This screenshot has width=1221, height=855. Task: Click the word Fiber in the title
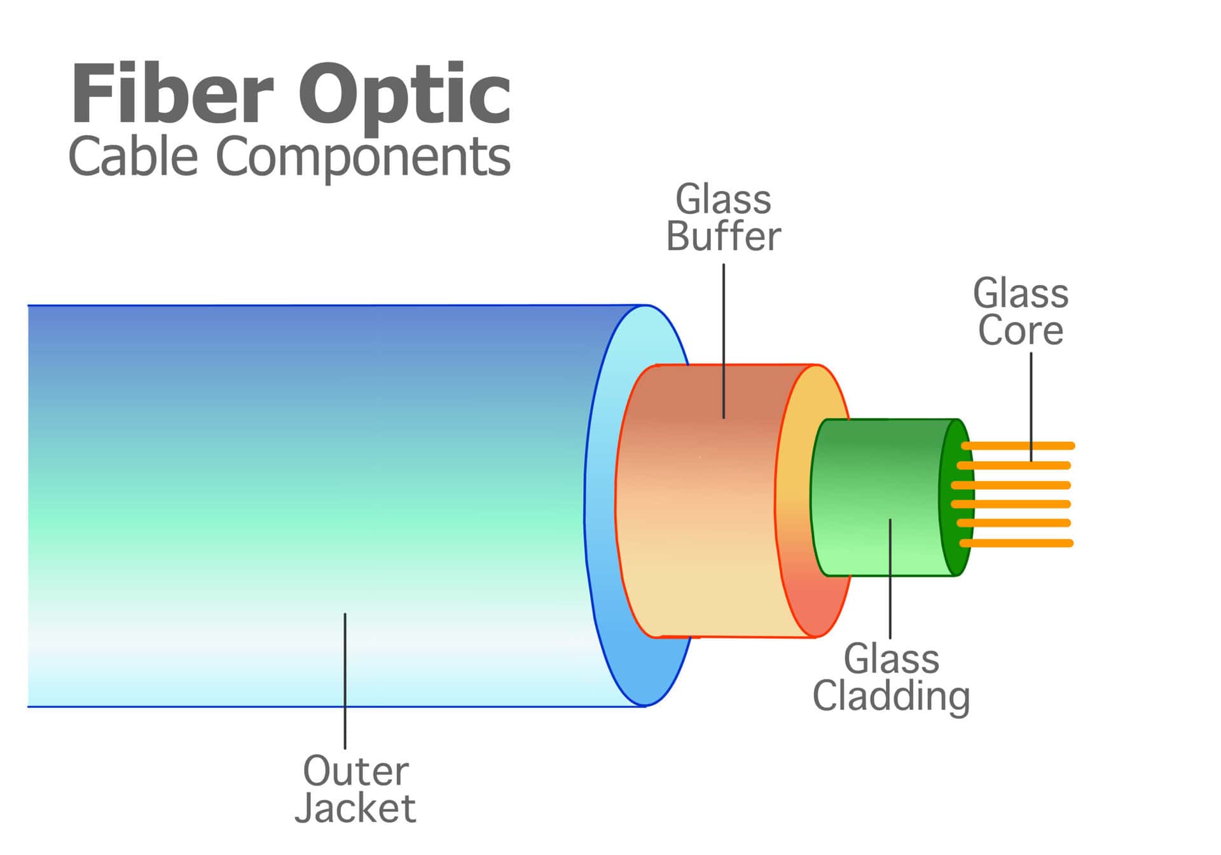coord(172,94)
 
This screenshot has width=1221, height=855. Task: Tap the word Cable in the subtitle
coord(133,156)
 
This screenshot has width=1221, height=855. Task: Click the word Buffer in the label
coord(723,237)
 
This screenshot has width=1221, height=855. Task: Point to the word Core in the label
coord(1020,330)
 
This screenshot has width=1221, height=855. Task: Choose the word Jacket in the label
coord(355,808)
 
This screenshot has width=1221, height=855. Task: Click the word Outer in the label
coord(355,770)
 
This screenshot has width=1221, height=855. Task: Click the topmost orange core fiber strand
coord(1018,446)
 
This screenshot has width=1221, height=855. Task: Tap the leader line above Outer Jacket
coord(345,681)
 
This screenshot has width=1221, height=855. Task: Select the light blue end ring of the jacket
coord(601,509)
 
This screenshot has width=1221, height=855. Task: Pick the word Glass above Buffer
coord(723,200)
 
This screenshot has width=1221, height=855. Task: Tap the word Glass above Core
coord(1020,293)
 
